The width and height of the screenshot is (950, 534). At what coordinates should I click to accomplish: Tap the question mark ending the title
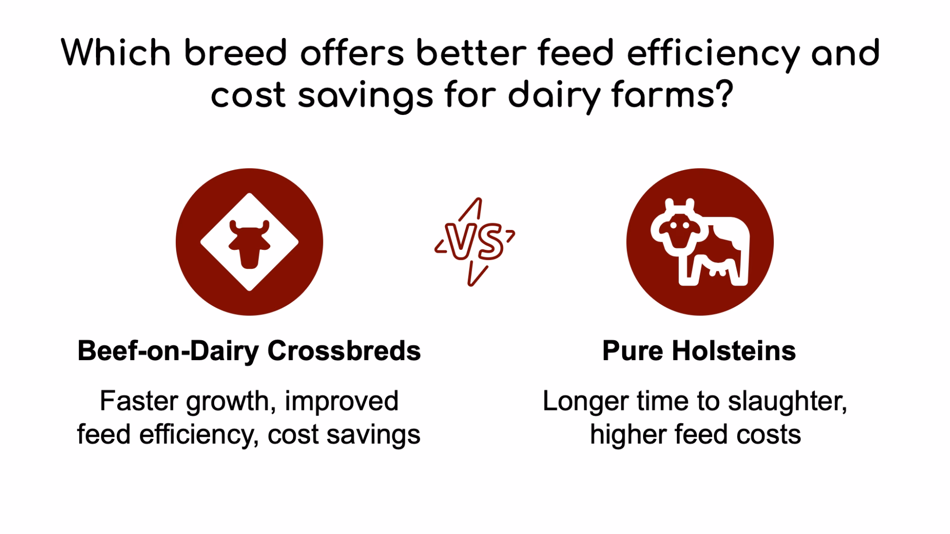[x=724, y=93]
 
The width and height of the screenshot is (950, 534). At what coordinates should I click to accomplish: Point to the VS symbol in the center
[x=475, y=242]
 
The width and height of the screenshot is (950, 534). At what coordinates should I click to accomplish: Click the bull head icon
[x=249, y=243]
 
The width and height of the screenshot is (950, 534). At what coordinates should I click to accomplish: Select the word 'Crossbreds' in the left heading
[x=344, y=351]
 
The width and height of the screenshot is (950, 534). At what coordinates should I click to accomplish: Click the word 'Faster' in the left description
[x=140, y=401]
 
